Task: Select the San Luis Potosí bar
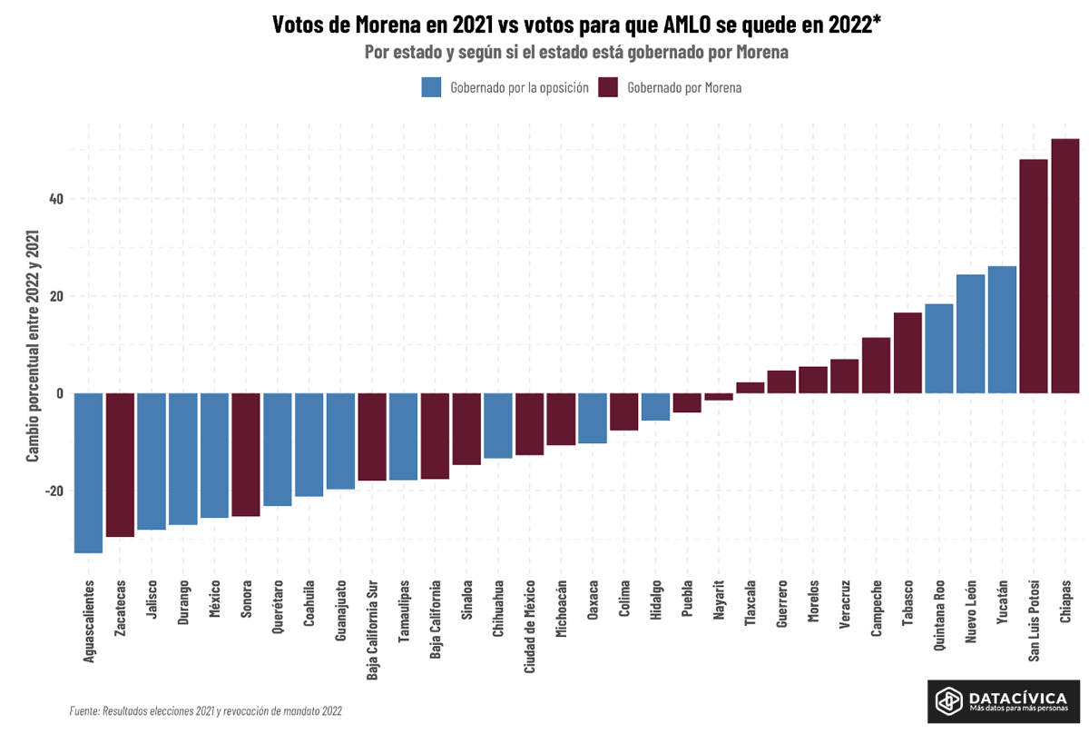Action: (x=1034, y=276)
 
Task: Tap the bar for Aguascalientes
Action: (x=88, y=472)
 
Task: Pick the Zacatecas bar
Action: (x=120, y=465)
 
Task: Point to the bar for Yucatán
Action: (x=1002, y=329)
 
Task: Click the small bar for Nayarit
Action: (x=719, y=397)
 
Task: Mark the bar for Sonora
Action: (x=246, y=454)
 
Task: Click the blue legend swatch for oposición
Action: (x=431, y=87)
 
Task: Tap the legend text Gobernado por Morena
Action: (x=684, y=88)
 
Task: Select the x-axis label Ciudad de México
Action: (x=529, y=627)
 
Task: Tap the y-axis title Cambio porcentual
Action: (x=33, y=345)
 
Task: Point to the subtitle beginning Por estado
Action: (x=576, y=53)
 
